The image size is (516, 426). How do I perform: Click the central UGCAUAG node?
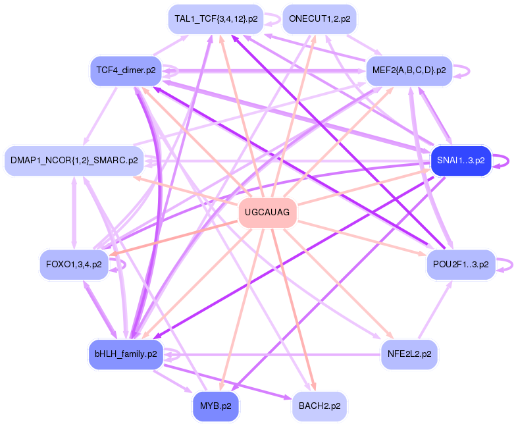tap(267, 213)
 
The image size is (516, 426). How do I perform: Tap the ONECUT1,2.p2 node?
tap(319, 19)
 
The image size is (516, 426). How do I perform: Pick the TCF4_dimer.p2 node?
tap(125, 70)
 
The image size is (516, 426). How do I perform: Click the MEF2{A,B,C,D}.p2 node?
tap(409, 70)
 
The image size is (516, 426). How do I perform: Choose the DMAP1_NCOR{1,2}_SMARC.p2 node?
tap(74, 160)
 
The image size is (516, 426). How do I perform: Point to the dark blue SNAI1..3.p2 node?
tap(461, 160)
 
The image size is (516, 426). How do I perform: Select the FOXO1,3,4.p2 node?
tap(74, 264)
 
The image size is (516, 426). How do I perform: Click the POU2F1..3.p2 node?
tap(461, 264)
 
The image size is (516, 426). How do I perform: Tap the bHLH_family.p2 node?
tap(125, 354)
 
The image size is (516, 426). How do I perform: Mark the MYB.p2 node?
tap(215, 406)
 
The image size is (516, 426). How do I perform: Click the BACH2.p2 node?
tap(319, 406)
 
